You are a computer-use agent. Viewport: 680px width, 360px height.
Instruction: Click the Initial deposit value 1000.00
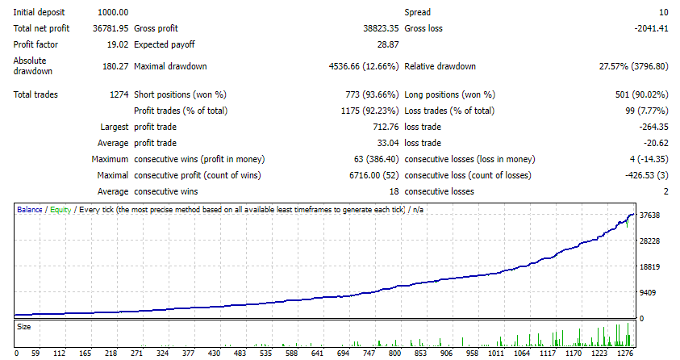112,13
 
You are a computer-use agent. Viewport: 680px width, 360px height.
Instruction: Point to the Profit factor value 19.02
116,44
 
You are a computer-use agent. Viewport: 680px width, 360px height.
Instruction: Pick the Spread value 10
663,13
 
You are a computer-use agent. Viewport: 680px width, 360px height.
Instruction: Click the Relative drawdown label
440,66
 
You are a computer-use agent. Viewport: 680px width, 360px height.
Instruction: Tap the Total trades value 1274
118,94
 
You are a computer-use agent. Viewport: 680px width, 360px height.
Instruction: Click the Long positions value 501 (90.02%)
641,94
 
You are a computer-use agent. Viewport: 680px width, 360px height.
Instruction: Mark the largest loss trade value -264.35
652,127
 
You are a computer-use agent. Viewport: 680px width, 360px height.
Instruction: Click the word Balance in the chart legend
31,210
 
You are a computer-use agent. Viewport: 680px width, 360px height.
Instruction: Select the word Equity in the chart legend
60,210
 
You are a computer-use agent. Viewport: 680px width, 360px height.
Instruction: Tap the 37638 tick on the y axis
650,216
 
